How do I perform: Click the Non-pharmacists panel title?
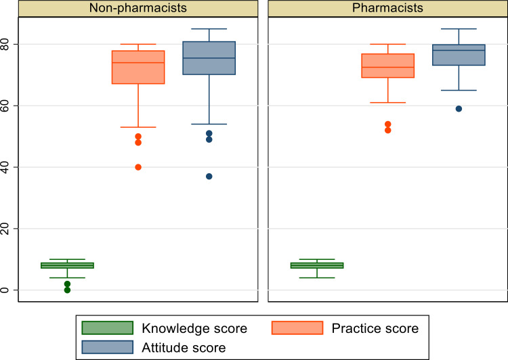(138, 9)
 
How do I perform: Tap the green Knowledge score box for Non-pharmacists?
(67, 265)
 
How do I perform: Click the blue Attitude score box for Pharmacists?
(459, 55)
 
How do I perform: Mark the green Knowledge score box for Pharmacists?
(317, 265)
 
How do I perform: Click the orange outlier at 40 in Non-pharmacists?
(138, 167)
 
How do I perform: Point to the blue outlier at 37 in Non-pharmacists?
(209, 177)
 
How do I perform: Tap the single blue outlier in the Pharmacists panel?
(459, 109)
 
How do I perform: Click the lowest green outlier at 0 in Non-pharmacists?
(67, 290)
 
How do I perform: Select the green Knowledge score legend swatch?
(107, 329)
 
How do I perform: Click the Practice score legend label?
(375, 329)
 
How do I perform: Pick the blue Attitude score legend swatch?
(107, 346)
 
